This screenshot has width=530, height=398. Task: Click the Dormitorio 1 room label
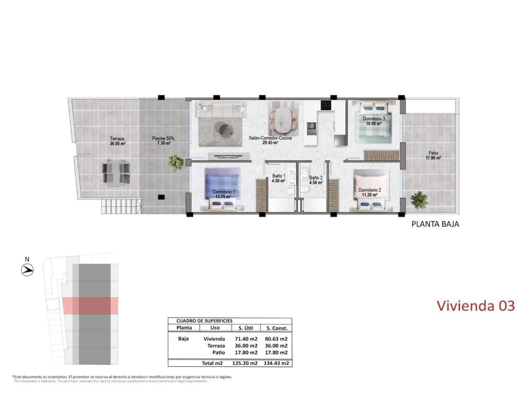(x=224, y=194)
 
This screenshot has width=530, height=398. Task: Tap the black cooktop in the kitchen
(x=326, y=105)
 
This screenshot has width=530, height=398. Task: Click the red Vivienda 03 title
(x=476, y=306)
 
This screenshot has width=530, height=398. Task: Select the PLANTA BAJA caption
(x=435, y=225)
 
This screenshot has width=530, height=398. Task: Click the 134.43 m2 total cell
(x=276, y=363)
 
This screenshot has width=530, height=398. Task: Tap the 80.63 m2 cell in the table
(x=276, y=339)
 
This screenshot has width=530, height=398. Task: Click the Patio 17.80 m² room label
(x=434, y=155)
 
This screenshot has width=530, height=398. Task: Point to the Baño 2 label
(x=316, y=180)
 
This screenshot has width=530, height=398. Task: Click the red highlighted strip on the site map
(x=90, y=306)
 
